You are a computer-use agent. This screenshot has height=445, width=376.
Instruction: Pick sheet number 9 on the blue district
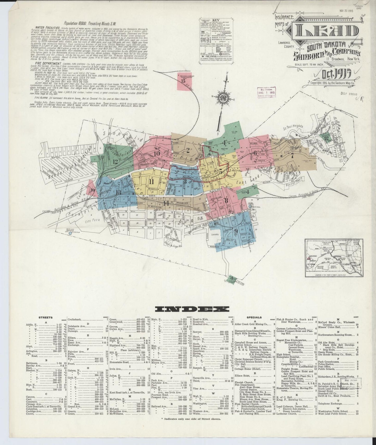pyautogui.click(x=236, y=231)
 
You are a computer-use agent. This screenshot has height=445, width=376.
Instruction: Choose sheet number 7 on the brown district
pyautogui.click(x=292, y=156)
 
